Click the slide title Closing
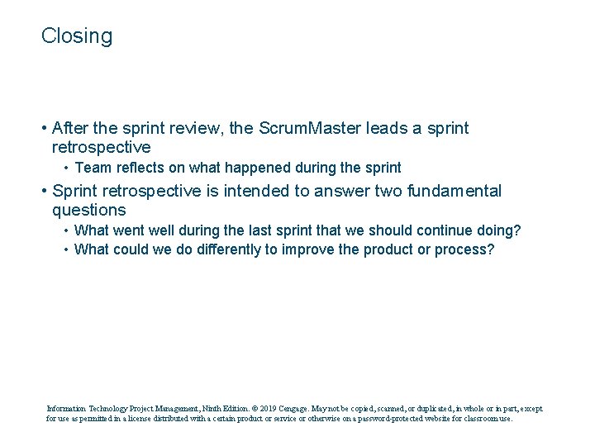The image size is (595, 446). click(77, 36)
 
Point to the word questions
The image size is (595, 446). click(88, 211)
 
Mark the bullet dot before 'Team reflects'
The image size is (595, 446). click(65, 168)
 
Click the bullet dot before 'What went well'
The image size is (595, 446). click(65, 231)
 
